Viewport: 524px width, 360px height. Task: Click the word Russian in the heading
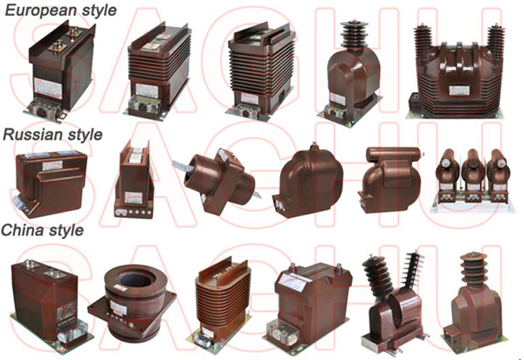(x=33, y=134)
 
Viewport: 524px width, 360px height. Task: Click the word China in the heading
(x=22, y=230)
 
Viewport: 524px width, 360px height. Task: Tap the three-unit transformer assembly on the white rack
(x=472, y=180)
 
